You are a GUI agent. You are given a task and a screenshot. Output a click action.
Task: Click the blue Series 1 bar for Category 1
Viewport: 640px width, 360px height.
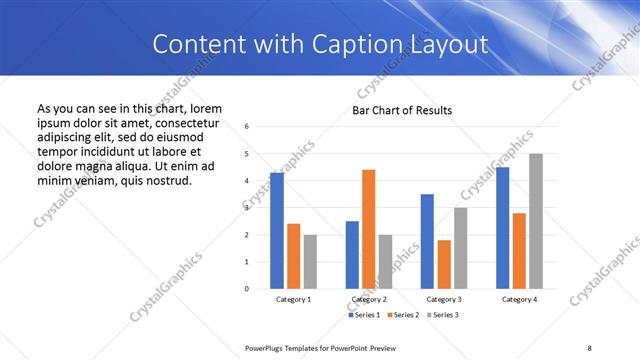(277, 231)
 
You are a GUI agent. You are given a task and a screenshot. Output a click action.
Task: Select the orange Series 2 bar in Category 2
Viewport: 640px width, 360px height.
(369, 229)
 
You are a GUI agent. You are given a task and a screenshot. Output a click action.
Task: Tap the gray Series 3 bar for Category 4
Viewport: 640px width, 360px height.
(536, 221)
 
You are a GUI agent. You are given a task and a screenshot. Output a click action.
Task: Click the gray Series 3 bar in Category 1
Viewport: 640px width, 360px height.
(310, 262)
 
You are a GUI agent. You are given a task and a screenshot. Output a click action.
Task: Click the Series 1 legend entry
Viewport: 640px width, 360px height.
(364, 315)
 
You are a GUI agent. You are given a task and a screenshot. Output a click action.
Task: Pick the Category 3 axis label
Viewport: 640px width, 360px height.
(444, 299)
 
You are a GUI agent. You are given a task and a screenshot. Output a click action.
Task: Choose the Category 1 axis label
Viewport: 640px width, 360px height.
(293, 299)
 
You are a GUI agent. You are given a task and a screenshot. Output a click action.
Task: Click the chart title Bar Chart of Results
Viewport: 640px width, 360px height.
(402, 110)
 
